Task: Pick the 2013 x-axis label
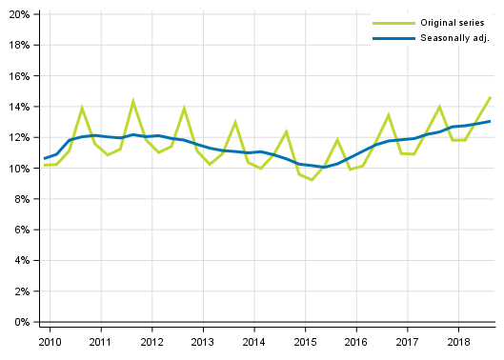[x=202, y=341]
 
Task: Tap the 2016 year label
[x=355, y=341]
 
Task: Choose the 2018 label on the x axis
[x=458, y=341]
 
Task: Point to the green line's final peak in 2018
[x=491, y=97]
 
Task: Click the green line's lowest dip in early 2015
[x=312, y=180]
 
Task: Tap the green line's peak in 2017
[x=439, y=107]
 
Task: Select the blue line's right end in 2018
[x=491, y=121]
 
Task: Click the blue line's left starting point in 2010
[x=44, y=158]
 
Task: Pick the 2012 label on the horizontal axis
[x=151, y=341]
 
